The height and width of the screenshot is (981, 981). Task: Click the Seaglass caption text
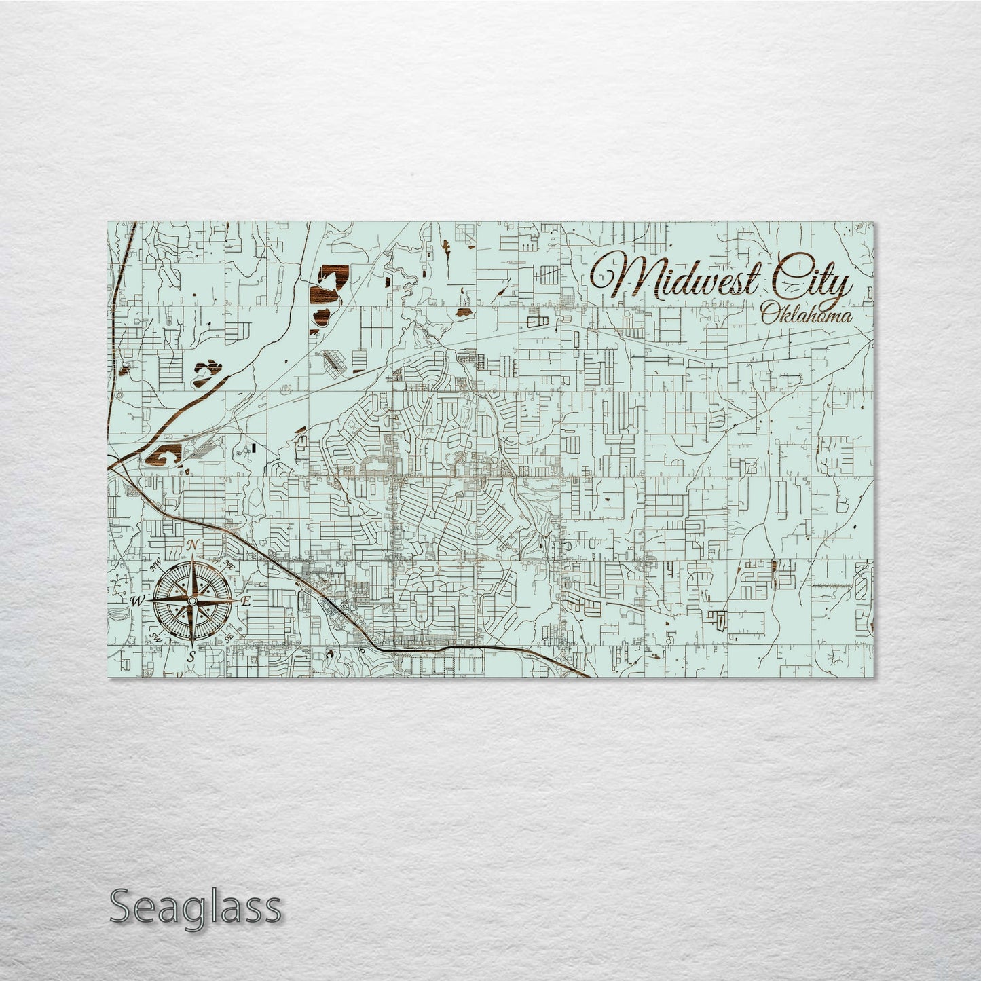[195, 906]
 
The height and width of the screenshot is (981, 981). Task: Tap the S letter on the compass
[192, 656]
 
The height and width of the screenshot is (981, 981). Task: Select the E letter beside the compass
[246, 601]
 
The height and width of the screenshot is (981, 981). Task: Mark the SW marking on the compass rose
[155, 637]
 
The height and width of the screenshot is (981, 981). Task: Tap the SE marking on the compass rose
[229, 637]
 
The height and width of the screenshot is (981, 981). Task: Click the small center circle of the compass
[192, 601]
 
